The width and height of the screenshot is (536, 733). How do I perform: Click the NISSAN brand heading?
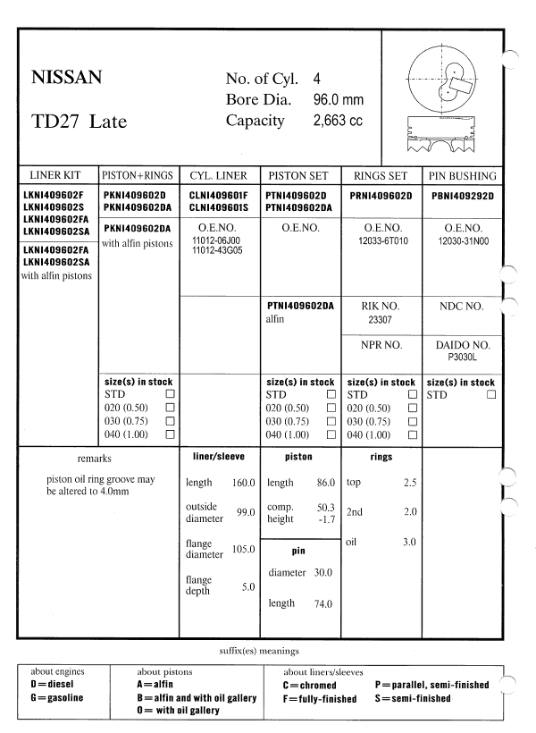click(66, 78)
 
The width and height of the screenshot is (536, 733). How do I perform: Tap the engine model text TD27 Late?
click(79, 122)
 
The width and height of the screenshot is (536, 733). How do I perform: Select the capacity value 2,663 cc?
click(338, 120)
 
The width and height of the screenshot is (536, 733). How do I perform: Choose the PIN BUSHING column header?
click(461, 176)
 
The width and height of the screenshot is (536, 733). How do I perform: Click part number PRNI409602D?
click(381, 195)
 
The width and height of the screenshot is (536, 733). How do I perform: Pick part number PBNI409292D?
click(461, 195)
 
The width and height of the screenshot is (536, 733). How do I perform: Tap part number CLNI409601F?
click(220, 195)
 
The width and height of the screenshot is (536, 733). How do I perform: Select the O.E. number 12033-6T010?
click(381, 241)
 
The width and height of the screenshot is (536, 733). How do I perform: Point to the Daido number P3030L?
click(461, 355)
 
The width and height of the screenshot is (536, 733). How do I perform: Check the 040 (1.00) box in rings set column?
click(412, 434)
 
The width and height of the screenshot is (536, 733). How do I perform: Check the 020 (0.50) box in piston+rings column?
click(169, 408)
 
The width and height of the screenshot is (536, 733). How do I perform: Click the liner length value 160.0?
click(243, 483)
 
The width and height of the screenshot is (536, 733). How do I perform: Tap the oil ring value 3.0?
click(409, 543)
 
